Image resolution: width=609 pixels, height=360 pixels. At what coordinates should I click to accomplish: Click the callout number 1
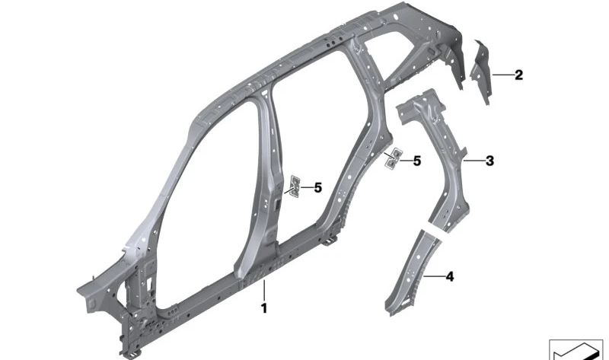[264, 308]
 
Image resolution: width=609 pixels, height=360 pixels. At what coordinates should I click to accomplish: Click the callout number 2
[518, 75]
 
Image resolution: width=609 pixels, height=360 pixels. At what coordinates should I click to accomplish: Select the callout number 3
[489, 161]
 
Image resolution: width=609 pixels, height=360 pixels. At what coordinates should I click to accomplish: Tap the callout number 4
[449, 277]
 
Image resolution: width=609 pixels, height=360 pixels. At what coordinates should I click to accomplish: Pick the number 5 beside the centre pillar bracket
[317, 187]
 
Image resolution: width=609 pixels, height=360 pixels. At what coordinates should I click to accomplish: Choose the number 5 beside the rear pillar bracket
[416, 161]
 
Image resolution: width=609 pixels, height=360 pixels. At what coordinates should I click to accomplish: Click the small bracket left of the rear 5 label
[392, 158]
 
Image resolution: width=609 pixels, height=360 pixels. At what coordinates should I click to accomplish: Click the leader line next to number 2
[502, 75]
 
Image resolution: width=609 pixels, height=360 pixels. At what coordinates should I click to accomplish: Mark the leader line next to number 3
[473, 161]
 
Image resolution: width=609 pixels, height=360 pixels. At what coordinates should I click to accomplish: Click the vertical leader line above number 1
[264, 291]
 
